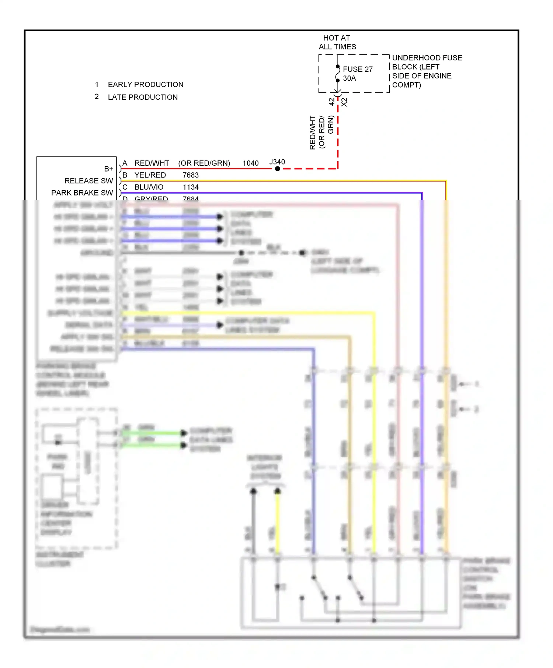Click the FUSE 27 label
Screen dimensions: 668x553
(357, 69)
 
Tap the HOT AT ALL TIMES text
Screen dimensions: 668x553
(337, 42)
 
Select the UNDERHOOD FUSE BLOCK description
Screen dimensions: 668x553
(427, 71)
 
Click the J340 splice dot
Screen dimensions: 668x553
(278, 169)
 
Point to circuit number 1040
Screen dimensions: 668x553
(250, 163)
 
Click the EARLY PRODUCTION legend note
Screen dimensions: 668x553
(145, 85)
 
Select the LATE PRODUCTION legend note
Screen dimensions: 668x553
(142, 97)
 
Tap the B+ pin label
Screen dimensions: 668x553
(108, 169)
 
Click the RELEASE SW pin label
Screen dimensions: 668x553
(88, 181)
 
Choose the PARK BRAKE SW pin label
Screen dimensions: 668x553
(82, 193)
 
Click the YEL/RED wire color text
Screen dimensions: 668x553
(150, 175)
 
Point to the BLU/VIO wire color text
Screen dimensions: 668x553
(149, 187)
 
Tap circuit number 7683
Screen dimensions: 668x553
(191, 175)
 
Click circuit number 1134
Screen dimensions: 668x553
(191, 187)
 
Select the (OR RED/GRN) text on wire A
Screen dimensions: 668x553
(204, 163)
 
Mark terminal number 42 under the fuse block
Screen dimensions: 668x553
(331, 102)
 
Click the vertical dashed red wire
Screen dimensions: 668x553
(338, 136)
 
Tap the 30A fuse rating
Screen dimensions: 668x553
(349, 78)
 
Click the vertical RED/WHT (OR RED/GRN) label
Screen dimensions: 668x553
(321, 133)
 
